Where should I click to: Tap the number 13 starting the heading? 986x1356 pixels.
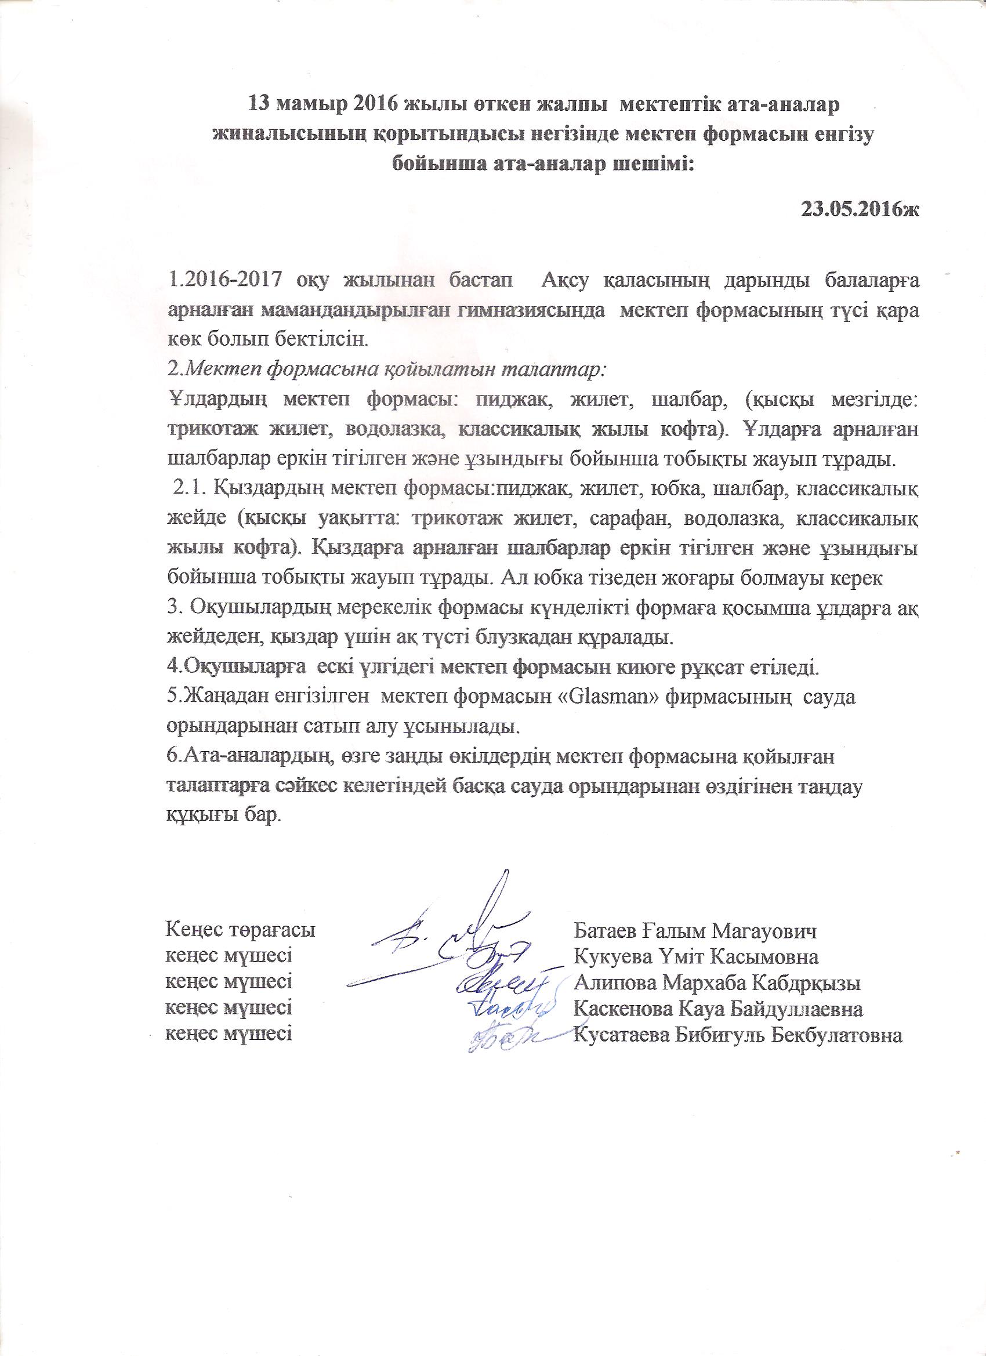click(260, 104)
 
